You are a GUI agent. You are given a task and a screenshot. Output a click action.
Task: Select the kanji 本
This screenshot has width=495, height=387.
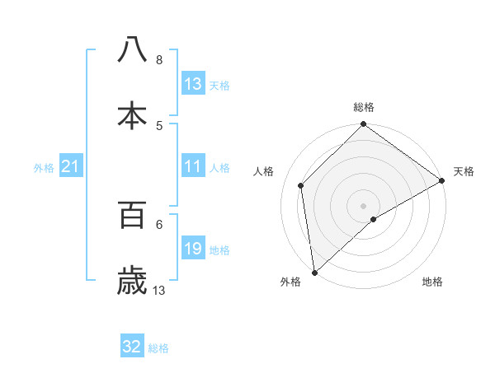(133, 114)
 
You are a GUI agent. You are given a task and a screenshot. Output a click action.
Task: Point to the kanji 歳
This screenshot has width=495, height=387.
(133, 280)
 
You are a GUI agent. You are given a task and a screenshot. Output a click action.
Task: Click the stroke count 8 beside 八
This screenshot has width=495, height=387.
(159, 59)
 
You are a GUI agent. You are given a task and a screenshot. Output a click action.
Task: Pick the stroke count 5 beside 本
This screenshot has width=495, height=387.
(159, 125)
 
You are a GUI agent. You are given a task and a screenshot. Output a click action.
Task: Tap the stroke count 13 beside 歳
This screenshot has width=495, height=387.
(159, 290)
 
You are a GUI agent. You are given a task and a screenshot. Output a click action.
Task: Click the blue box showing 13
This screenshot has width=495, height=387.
(192, 84)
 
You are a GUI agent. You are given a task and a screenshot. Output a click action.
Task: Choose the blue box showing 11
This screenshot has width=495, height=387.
(192, 166)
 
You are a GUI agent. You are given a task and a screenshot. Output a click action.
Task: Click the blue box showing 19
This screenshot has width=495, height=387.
(192, 249)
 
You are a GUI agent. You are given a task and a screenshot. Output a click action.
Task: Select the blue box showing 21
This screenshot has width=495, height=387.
(71, 166)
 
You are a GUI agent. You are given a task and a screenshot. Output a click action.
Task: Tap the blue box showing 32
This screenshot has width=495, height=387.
(132, 347)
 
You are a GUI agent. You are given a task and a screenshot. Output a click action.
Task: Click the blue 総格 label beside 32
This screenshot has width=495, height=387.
(158, 348)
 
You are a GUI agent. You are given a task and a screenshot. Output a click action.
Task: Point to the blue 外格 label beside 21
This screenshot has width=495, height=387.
(44, 167)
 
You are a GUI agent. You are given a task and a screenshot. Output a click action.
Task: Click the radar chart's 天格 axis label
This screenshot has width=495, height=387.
(464, 171)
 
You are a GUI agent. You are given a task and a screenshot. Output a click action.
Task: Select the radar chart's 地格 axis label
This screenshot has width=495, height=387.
(432, 282)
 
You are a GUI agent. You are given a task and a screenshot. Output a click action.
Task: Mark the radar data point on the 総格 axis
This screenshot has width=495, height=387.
(364, 125)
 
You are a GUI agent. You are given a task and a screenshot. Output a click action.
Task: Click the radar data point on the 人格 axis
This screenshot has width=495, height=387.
(301, 185)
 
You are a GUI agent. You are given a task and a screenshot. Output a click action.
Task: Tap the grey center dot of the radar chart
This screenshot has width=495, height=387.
(364, 205)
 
